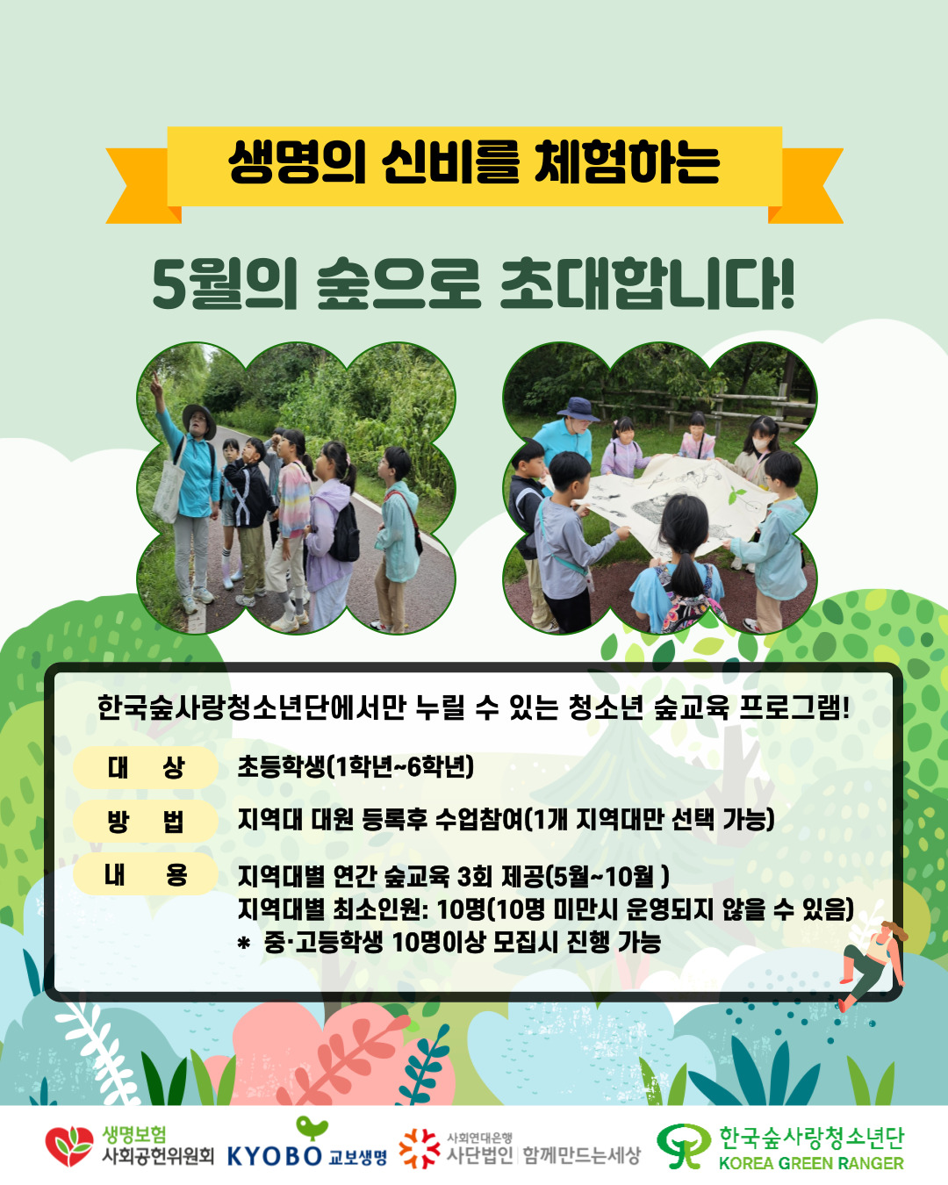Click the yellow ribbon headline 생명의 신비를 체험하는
tap(474, 162)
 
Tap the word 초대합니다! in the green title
tap(647, 284)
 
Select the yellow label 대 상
tap(146, 767)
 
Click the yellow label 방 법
tap(146, 821)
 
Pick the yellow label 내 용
tap(146, 874)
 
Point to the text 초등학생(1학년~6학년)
tap(355, 766)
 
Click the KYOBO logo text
tap(275, 1156)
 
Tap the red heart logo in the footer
tap(68, 1145)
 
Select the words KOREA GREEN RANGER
tap(811, 1163)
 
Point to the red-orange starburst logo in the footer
tap(419, 1147)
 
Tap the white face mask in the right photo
tap(761, 443)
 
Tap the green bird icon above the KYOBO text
tap(312, 1128)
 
